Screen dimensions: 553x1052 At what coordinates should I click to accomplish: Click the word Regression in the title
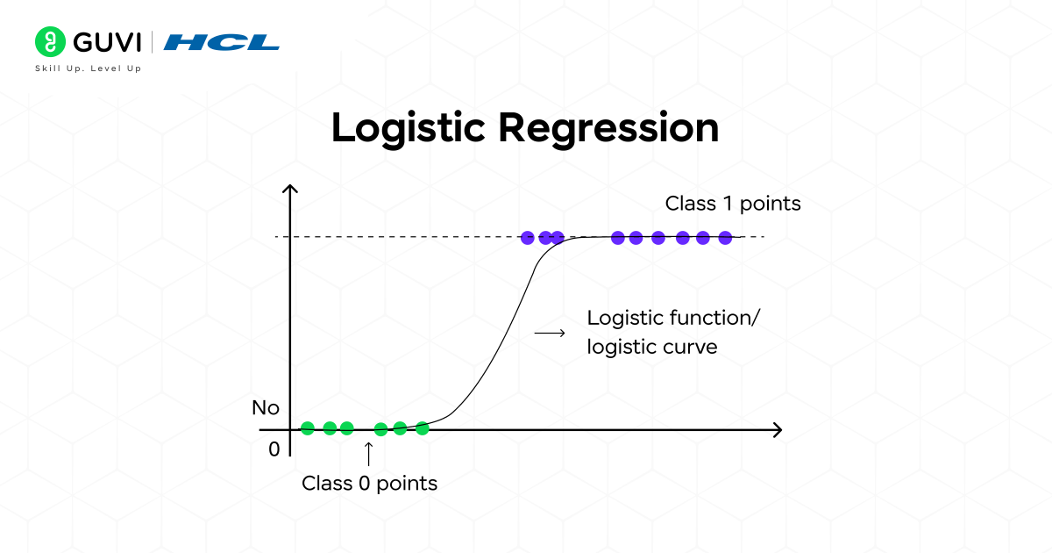(x=608, y=129)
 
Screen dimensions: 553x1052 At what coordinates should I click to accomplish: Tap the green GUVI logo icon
(x=50, y=41)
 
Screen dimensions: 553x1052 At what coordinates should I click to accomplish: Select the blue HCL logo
(x=222, y=42)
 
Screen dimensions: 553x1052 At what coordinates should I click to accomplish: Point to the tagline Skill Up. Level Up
(x=88, y=68)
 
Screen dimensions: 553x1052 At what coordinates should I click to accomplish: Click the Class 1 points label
(x=733, y=204)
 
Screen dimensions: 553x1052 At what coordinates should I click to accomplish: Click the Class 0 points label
(x=369, y=483)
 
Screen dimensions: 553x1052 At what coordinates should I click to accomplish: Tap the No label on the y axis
(x=266, y=408)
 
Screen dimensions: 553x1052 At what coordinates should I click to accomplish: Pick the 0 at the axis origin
(x=274, y=449)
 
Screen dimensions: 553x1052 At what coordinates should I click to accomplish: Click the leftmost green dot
(x=308, y=428)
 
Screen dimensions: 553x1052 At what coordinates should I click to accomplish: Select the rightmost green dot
(x=422, y=428)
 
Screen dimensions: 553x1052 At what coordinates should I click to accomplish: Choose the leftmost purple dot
(x=527, y=237)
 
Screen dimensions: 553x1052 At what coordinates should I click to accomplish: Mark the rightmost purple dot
(x=725, y=237)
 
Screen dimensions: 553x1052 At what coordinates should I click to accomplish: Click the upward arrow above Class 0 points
(x=368, y=453)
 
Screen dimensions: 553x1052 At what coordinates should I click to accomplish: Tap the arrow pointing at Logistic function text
(x=550, y=333)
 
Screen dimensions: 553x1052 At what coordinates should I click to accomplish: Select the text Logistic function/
(x=673, y=317)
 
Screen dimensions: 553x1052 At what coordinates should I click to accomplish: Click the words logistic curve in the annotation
(x=652, y=347)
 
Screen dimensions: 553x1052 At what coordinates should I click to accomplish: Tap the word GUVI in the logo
(x=106, y=41)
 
